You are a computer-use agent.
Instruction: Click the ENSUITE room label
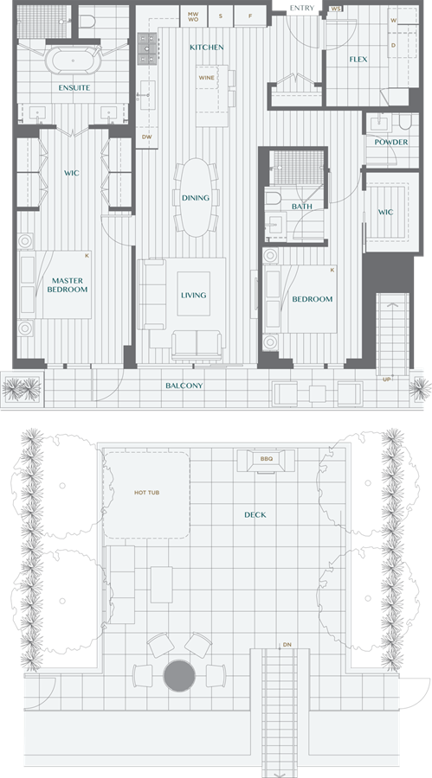(x=74, y=88)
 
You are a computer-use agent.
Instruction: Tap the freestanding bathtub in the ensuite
(x=73, y=61)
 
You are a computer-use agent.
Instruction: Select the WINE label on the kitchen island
(x=206, y=78)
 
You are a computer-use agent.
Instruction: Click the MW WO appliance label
(x=193, y=16)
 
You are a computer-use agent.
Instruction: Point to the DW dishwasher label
(x=146, y=137)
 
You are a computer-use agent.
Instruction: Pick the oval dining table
(x=196, y=197)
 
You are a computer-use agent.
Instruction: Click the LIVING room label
(x=193, y=296)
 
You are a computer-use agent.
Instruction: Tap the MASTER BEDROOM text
(x=68, y=284)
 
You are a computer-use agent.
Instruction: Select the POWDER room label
(x=391, y=142)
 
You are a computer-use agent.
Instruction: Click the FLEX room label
(x=358, y=60)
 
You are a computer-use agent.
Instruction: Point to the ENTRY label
(x=302, y=8)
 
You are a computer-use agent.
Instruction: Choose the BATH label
(x=302, y=207)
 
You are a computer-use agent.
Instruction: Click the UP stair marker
(x=386, y=379)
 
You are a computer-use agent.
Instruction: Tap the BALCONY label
(x=184, y=386)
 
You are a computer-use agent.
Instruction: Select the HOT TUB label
(x=146, y=493)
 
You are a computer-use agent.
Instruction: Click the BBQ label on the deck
(x=267, y=459)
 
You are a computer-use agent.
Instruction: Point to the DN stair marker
(x=287, y=645)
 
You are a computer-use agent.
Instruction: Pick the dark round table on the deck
(x=179, y=676)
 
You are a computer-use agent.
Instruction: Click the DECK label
(x=255, y=515)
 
